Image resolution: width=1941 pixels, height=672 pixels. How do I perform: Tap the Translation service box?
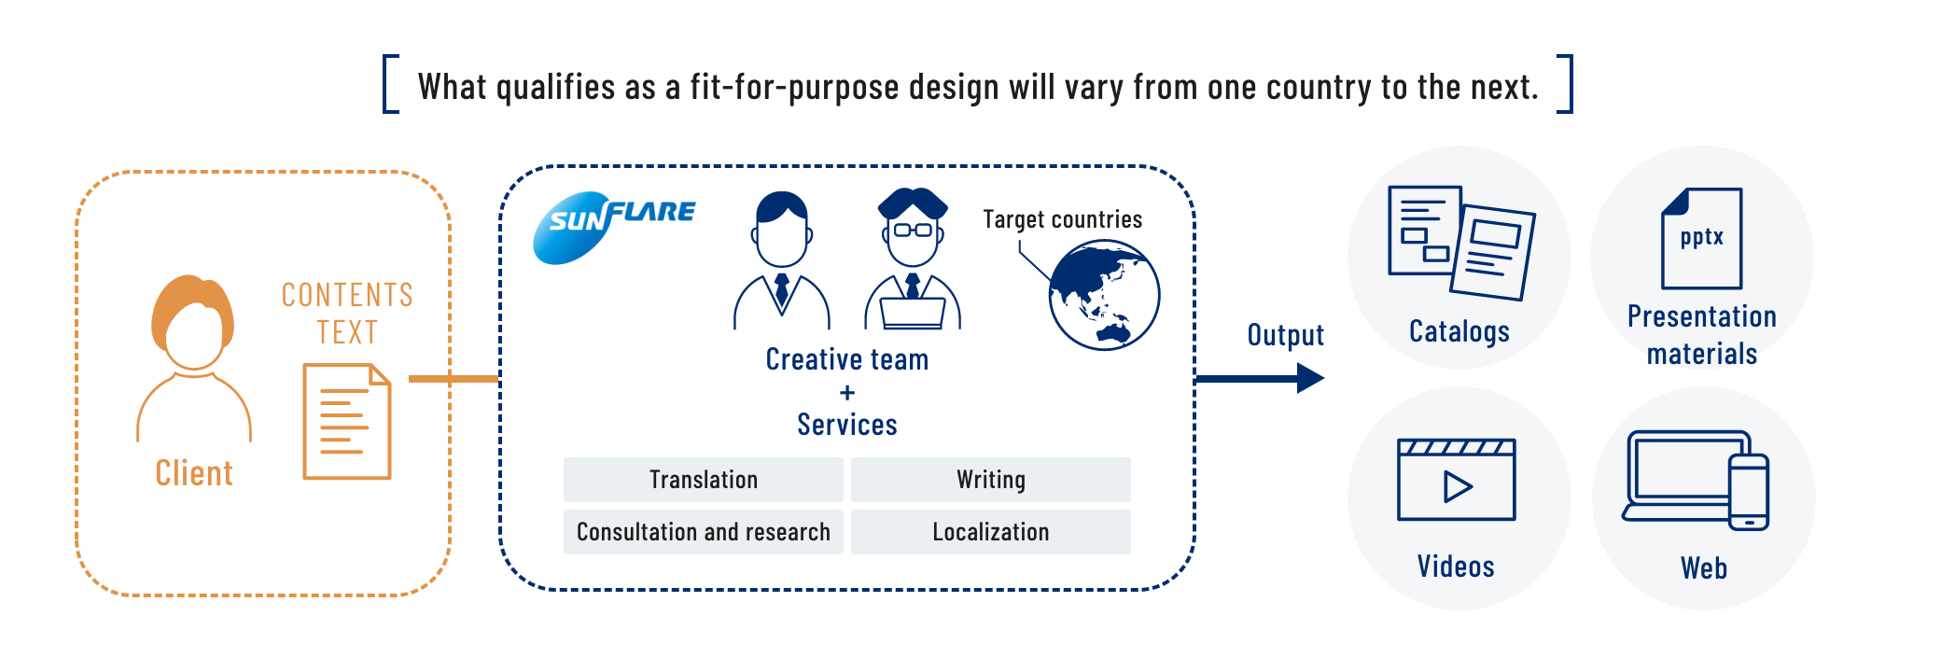pyautogui.click(x=703, y=480)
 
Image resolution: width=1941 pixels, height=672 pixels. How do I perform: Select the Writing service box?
pyautogui.click(x=990, y=480)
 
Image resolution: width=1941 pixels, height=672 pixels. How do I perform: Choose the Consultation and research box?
pyautogui.click(x=703, y=532)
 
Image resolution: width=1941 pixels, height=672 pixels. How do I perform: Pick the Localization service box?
pyautogui.click(x=990, y=532)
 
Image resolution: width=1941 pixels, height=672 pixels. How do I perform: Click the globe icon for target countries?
pyautogui.click(x=1104, y=295)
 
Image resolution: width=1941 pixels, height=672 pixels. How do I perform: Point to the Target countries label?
pyautogui.click(x=1062, y=219)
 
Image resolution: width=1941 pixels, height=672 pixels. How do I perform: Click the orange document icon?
pyautogui.click(x=346, y=422)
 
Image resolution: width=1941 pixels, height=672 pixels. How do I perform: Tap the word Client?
pyautogui.click(x=194, y=473)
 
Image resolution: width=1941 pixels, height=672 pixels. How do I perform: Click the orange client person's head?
pyautogui.click(x=193, y=322)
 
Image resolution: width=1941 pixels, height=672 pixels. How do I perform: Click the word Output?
pyautogui.click(x=1285, y=335)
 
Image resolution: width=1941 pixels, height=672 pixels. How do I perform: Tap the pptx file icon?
pyautogui.click(x=1701, y=239)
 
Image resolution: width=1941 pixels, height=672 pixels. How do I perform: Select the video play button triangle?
pyautogui.click(x=1457, y=487)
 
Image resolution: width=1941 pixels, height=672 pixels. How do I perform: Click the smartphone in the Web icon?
pyautogui.click(x=1748, y=492)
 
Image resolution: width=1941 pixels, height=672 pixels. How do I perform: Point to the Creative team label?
pyautogui.click(x=846, y=359)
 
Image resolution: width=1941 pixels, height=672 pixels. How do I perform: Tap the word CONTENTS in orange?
pyautogui.click(x=347, y=295)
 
